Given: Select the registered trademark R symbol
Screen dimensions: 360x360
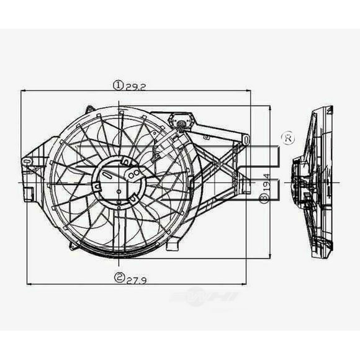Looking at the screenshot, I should [x=287, y=137].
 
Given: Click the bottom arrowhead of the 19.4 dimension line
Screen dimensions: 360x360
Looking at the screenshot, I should [x=269, y=256].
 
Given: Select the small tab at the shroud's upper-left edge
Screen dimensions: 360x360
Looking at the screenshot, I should [x=90, y=109].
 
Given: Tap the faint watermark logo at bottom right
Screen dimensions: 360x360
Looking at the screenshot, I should [x=205, y=299].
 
